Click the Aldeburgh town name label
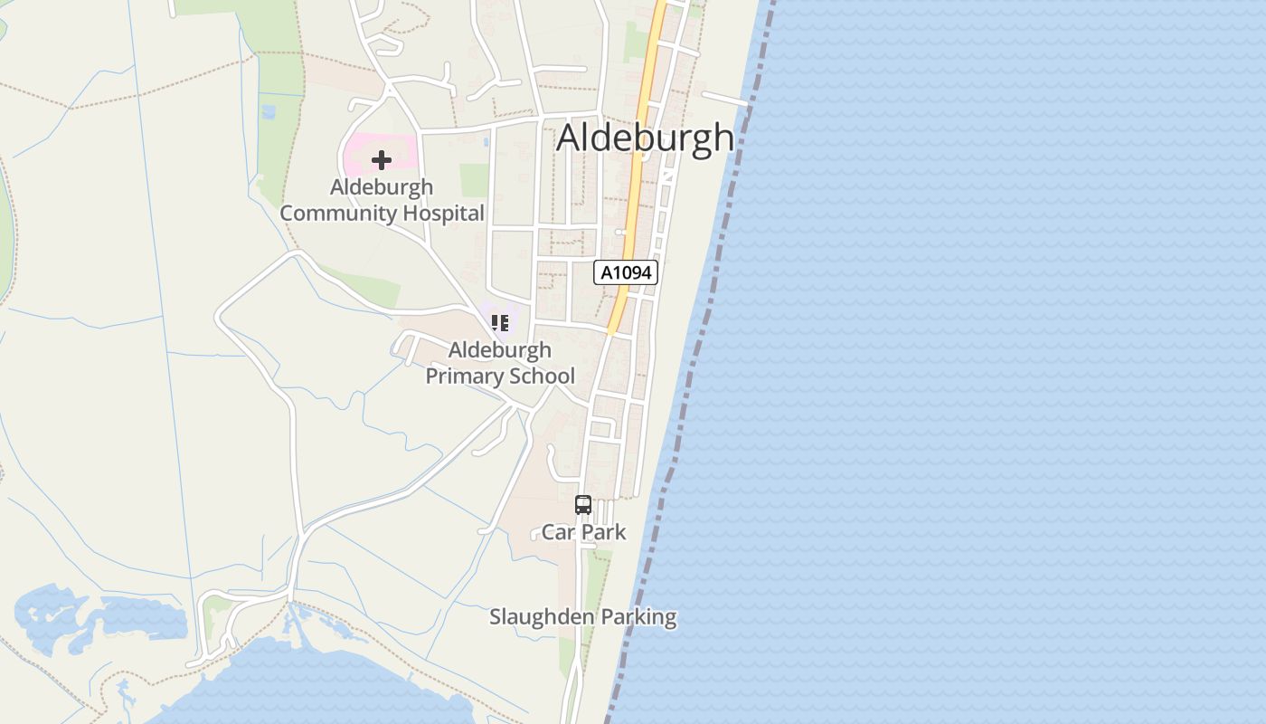tap(645, 138)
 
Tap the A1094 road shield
tap(625, 272)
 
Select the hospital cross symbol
tap(382, 160)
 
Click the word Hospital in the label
tap(439, 214)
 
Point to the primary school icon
tap(500, 322)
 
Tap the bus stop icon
tap(583, 505)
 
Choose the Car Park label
tap(583, 532)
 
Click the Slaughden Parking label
tap(582, 617)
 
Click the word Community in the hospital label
tap(338, 214)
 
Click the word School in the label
tap(542, 376)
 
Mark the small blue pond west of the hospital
tap(268, 112)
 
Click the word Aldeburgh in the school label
tap(500, 350)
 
